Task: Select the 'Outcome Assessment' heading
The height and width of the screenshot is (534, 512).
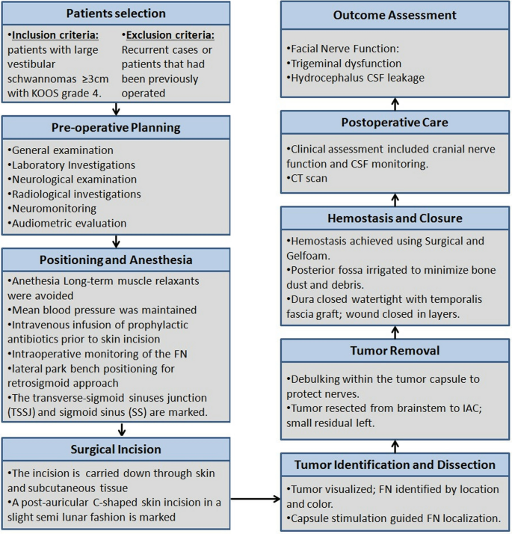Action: point(395,15)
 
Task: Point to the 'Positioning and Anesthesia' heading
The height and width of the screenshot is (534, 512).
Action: point(116,261)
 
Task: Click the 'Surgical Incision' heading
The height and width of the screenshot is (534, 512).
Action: point(116,450)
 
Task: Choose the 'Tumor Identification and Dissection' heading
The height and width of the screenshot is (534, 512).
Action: point(395,464)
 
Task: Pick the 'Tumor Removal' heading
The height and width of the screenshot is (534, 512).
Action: point(395,351)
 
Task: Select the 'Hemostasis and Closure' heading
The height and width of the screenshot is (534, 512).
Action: point(395,218)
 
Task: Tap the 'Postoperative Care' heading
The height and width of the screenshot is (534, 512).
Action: point(395,121)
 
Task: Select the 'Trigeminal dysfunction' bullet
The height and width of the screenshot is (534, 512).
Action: point(345,64)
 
